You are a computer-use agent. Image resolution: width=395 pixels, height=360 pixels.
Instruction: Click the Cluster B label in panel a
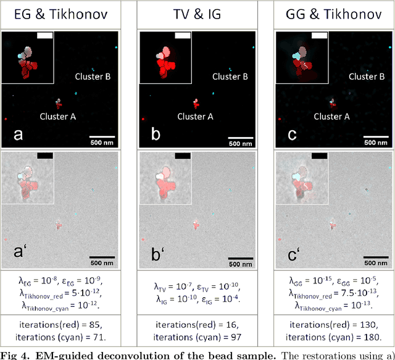pyautogui.click(x=93, y=77)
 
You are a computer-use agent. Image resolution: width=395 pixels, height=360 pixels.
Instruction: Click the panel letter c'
pyautogui.click(x=292, y=254)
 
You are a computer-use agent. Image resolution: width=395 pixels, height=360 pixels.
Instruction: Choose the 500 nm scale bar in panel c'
pyautogui.click(x=375, y=257)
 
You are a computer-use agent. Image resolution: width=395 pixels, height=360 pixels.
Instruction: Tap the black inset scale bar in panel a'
pyautogui.click(x=45, y=156)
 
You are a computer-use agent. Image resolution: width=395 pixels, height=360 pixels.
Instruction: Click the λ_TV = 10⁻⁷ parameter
pyautogui.click(x=175, y=287)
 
